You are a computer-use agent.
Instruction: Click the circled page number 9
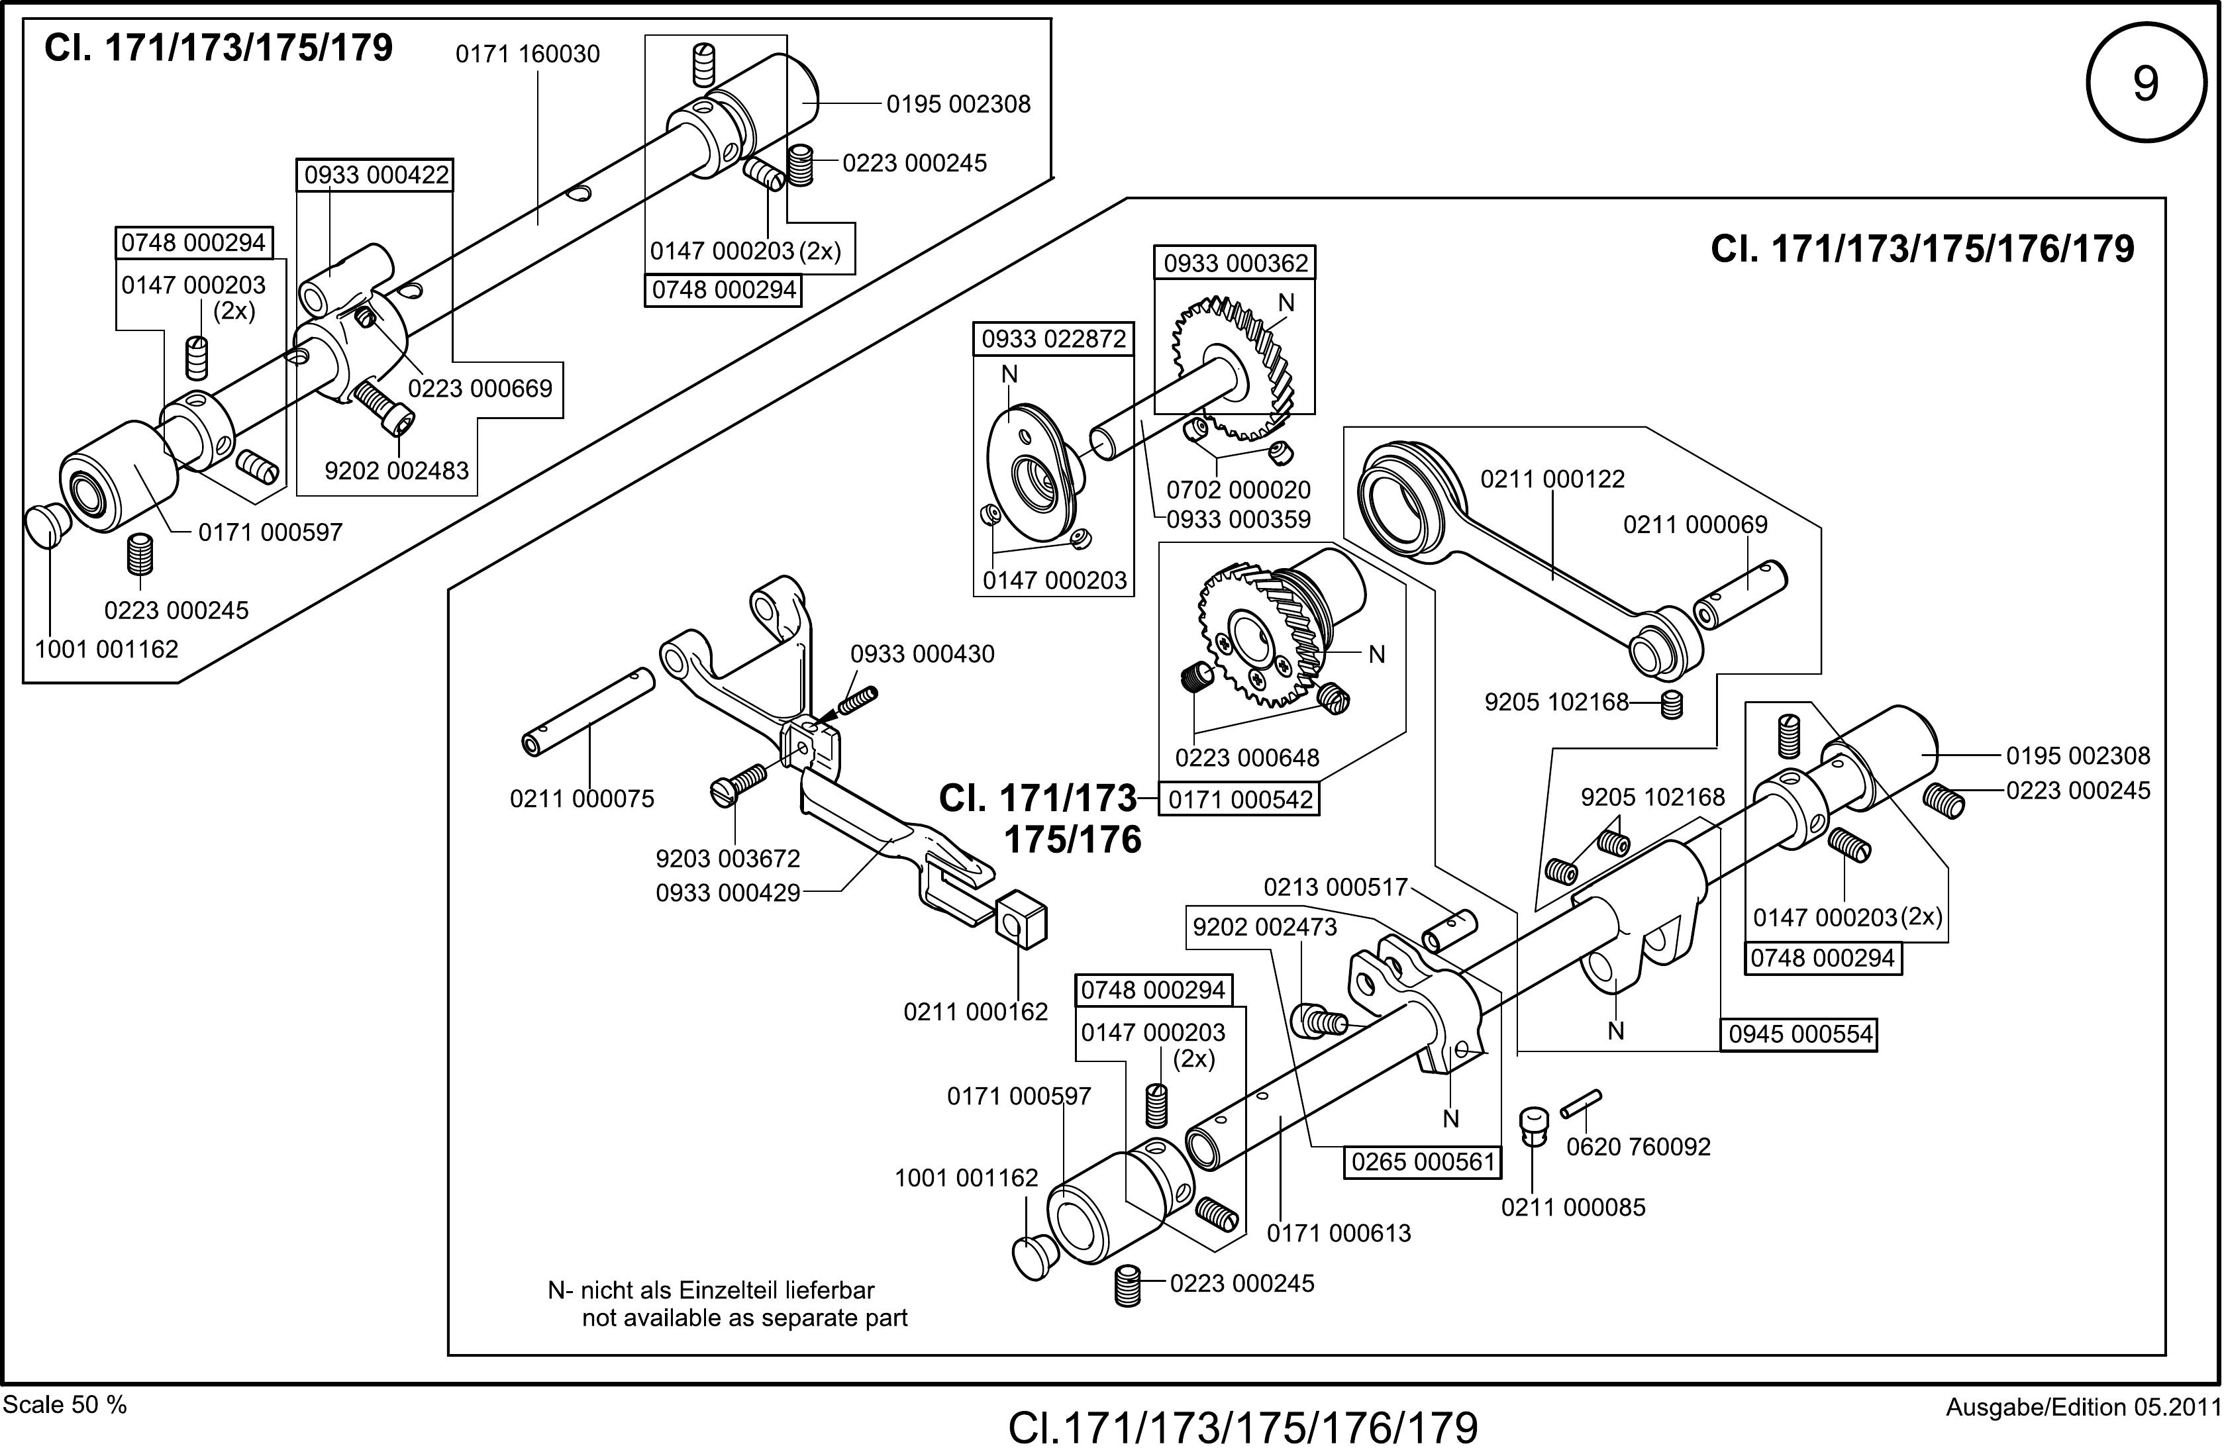pyautogui.click(x=2145, y=83)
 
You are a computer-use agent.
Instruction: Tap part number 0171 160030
pyautogui.click(x=527, y=54)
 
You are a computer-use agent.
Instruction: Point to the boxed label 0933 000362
pyautogui.click(x=1235, y=264)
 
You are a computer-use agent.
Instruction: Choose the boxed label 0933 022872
pyautogui.click(x=1053, y=339)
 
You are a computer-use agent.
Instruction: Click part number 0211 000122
pyautogui.click(x=1552, y=479)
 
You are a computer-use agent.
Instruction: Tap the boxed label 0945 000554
pyautogui.click(x=1799, y=1034)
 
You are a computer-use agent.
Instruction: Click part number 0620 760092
pyautogui.click(x=1638, y=1147)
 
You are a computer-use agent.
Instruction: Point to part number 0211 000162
pyautogui.click(x=976, y=1011)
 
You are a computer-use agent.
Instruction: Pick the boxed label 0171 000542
pyautogui.click(x=1240, y=800)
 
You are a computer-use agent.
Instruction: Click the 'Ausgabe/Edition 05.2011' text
pyautogui.click(x=2083, y=1407)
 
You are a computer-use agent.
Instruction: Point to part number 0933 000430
pyautogui.click(x=923, y=654)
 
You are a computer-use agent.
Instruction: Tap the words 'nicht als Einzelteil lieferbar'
pyautogui.click(x=727, y=1290)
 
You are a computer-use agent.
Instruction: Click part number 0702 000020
pyautogui.click(x=1238, y=490)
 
